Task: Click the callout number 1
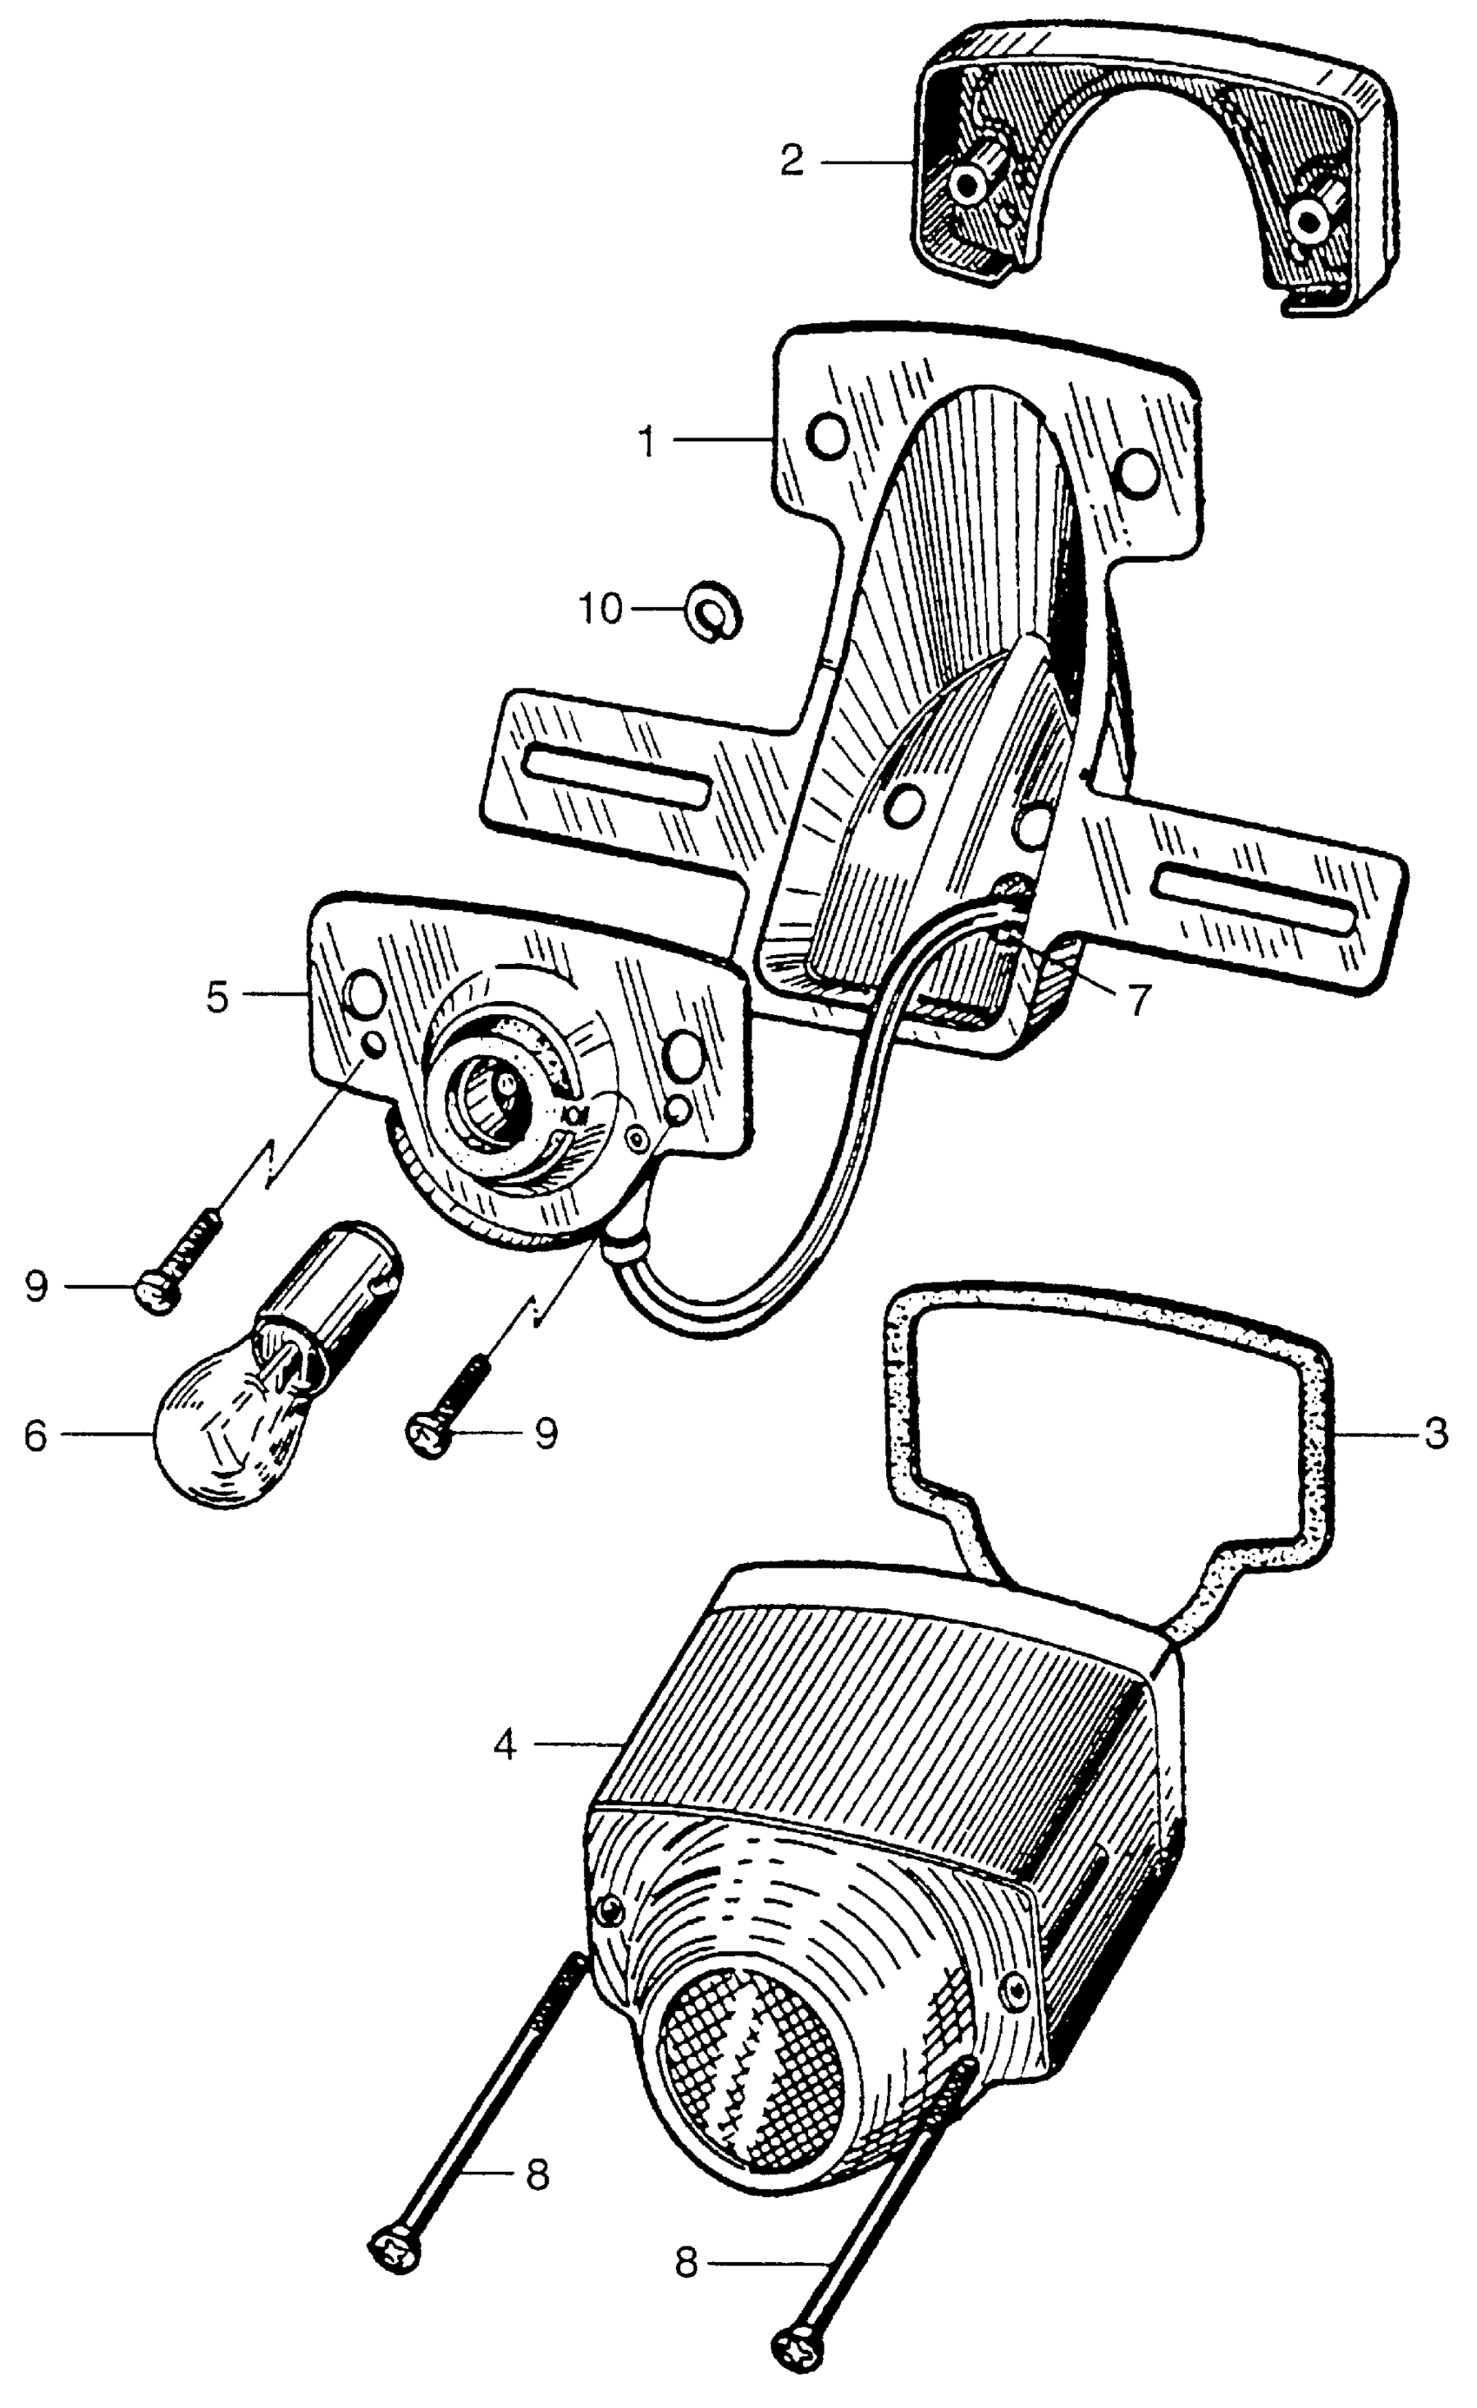pos(646,442)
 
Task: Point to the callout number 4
pos(505,1745)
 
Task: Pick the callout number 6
pos(36,1435)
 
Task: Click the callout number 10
pos(600,610)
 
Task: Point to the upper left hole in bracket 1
pos(829,437)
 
